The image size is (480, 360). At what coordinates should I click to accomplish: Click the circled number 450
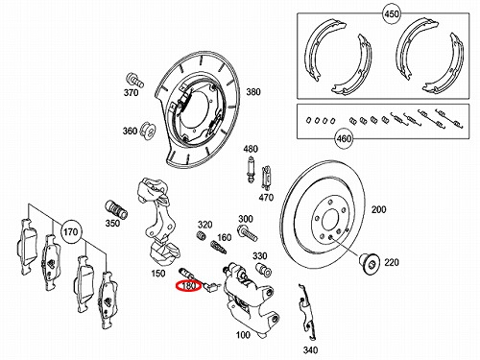tap(392, 14)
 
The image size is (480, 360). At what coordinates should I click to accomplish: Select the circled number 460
tap(344, 139)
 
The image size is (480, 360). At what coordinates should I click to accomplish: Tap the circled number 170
tap(71, 231)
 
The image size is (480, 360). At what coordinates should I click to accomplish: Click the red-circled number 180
tap(188, 286)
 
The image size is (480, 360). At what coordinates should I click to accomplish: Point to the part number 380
tap(253, 92)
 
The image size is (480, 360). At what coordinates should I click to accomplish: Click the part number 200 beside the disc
tap(378, 209)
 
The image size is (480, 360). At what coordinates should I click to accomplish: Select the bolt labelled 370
tap(135, 80)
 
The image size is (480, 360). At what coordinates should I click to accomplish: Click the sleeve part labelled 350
tap(116, 209)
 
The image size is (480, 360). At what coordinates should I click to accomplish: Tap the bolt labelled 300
tap(248, 233)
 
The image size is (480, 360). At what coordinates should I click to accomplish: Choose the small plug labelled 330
tap(264, 269)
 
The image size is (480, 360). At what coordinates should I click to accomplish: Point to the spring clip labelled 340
tap(306, 312)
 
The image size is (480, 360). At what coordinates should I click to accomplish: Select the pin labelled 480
tap(251, 169)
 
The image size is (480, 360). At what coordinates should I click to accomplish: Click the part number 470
tap(266, 198)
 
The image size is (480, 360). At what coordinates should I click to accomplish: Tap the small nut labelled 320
tap(201, 236)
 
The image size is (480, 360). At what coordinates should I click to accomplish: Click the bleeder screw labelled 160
tap(219, 247)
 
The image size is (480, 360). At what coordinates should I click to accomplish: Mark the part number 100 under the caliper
tap(243, 335)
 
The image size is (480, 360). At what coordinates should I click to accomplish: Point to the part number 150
tap(158, 274)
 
